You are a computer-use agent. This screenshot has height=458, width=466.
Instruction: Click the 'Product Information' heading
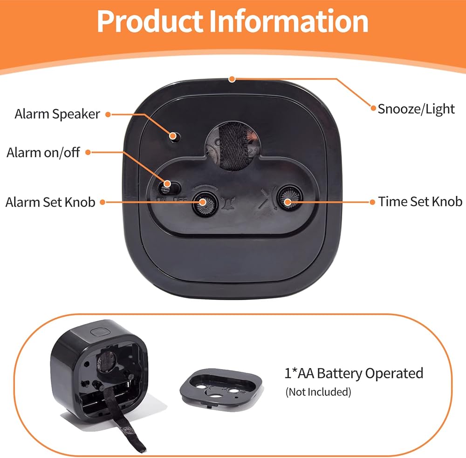(233, 21)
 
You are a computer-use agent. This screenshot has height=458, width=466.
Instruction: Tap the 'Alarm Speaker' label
(57, 114)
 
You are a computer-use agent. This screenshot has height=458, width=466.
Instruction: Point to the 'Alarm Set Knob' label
(50, 202)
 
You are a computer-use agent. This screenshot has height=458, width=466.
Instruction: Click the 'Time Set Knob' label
(420, 202)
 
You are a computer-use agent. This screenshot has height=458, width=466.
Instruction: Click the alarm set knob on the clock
(203, 202)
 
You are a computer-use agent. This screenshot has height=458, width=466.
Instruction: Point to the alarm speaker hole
(175, 136)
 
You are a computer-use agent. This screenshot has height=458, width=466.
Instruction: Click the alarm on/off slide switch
(166, 187)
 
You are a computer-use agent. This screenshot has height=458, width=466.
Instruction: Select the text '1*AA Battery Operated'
(354, 373)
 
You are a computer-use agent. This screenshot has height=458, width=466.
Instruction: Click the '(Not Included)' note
(318, 392)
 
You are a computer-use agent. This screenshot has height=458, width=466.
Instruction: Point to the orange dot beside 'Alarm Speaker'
(108, 114)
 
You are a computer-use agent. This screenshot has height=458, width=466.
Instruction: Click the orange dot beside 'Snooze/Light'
(373, 108)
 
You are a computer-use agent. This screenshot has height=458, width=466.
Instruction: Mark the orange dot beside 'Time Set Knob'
(372, 202)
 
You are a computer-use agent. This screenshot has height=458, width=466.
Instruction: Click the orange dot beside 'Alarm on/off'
(91, 152)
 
